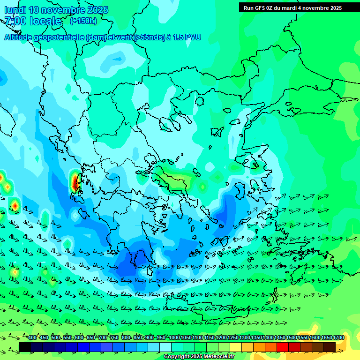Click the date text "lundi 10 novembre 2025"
[x=56, y=10]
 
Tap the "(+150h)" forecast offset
[x=83, y=21]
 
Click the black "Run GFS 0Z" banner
[x=293, y=8]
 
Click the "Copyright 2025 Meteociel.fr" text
[x=199, y=357]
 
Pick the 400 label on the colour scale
[x=32, y=338]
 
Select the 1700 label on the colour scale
[x=338, y=338]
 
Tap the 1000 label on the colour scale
[x=174, y=338]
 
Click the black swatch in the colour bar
[x=25, y=347]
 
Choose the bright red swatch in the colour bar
[x=283, y=347]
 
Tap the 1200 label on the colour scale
[x=221, y=338]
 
